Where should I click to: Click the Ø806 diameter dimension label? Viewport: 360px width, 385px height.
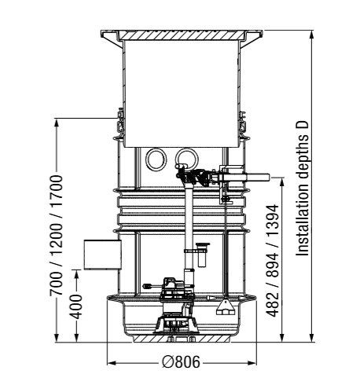click(x=181, y=362)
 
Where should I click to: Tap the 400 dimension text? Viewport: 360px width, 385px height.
click(x=77, y=306)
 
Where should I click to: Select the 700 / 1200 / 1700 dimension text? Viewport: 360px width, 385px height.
click(x=57, y=236)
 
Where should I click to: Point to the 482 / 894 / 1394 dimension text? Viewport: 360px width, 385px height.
click(x=272, y=261)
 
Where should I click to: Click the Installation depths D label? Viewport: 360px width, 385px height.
click(x=303, y=189)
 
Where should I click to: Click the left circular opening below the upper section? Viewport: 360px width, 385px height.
click(x=156, y=159)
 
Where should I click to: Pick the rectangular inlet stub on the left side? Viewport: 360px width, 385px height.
click(x=102, y=255)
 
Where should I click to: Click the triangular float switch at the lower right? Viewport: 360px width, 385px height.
click(x=225, y=307)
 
